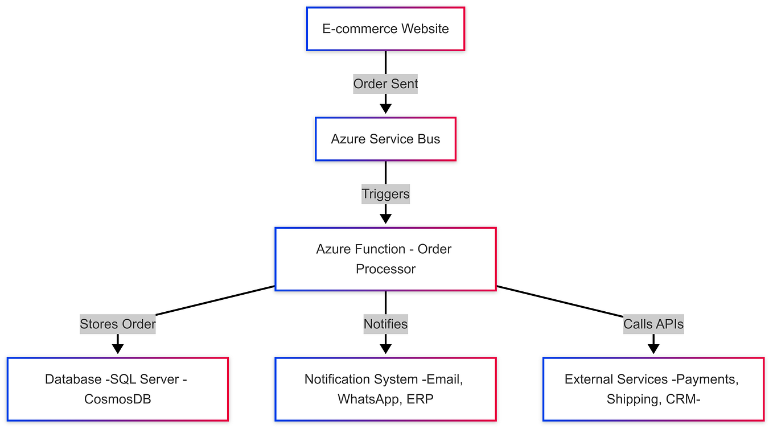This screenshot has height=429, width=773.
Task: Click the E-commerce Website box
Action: [x=385, y=29]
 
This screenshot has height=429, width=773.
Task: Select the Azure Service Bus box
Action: [x=385, y=139]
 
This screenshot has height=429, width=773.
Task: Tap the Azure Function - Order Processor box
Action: [x=385, y=259]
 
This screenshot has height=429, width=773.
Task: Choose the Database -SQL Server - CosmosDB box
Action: [x=118, y=389]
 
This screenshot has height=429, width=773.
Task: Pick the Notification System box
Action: [x=385, y=389]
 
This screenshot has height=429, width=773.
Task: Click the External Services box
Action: [x=653, y=389]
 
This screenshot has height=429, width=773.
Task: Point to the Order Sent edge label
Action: [x=385, y=84]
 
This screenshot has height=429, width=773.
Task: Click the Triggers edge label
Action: [x=385, y=194]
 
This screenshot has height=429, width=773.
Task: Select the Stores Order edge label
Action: [x=118, y=324]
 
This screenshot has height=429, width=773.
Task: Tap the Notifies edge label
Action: [x=385, y=324]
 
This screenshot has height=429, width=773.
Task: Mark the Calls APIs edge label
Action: [x=653, y=324]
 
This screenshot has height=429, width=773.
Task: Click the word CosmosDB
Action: [x=118, y=399]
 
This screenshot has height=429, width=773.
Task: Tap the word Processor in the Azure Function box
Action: [x=385, y=269]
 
